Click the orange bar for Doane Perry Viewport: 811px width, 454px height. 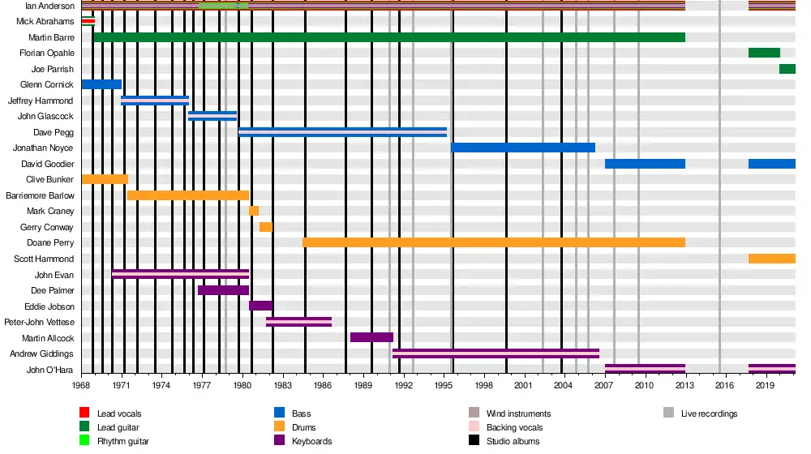(x=494, y=242)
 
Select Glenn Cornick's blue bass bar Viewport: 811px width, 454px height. (x=102, y=84)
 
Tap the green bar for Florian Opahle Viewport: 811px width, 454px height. (x=764, y=53)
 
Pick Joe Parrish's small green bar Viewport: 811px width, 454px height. (x=787, y=69)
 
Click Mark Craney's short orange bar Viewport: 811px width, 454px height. (x=254, y=211)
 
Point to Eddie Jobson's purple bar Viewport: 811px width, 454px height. (x=260, y=306)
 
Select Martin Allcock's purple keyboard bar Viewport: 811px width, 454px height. (x=372, y=337)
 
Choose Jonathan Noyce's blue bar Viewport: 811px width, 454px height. (x=523, y=148)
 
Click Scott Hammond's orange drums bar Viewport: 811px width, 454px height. (x=772, y=259)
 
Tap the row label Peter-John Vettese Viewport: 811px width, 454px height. (x=39, y=322)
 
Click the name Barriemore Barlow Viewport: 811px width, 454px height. (x=40, y=195)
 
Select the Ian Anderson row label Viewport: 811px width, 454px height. (x=49, y=6)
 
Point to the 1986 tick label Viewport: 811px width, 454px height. (x=323, y=385)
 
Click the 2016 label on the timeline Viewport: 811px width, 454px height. (x=724, y=385)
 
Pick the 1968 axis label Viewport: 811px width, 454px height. (x=81, y=385)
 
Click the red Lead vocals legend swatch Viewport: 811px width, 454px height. (x=84, y=413)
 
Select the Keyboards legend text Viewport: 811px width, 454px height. (x=312, y=441)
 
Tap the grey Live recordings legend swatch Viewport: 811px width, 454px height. (x=669, y=413)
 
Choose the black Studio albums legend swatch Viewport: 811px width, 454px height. (x=474, y=440)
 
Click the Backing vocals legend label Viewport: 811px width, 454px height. (x=515, y=427)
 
